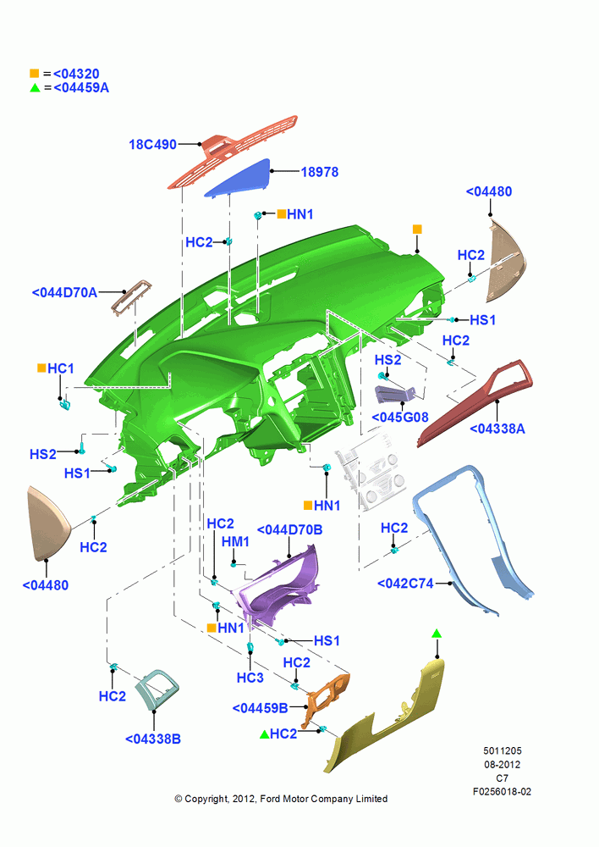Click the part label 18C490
click(153, 145)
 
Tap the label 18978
click(320, 172)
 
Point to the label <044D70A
click(65, 293)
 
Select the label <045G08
click(400, 418)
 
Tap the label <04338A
click(497, 429)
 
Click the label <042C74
click(405, 584)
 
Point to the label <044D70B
click(290, 530)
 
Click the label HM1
click(235, 542)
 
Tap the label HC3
click(250, 678)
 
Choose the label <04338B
click(153, 739)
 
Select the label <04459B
click(260, 708)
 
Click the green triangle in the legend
click(35, 87)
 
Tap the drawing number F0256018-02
click(502, 792)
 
